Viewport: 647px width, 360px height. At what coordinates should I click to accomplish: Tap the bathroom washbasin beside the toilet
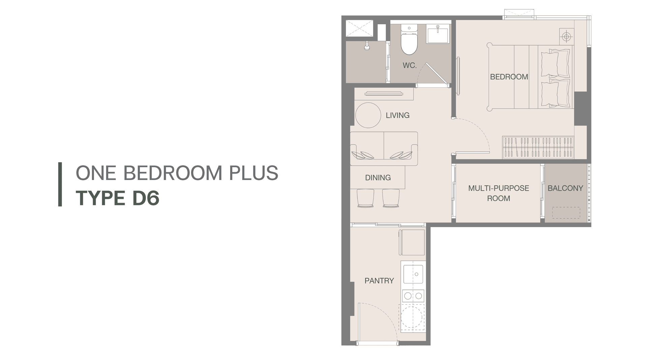[x=437, y=34]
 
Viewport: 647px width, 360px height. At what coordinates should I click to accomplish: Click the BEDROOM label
[x=509, y=77]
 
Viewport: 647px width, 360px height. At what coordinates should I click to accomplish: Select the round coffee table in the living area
[x=368, y=115]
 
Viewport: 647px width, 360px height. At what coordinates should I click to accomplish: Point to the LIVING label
[x=398, y=115]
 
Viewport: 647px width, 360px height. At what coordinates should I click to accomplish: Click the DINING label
[x=378, y=178]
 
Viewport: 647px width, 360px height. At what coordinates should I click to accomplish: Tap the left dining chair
[x=365, y=198]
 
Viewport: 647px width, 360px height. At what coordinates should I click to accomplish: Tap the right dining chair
[x=391, y=198]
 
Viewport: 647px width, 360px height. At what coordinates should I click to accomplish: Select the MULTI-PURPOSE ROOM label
[x=499, y=193]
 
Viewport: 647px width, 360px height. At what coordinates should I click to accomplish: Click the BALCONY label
[x=565, y=188]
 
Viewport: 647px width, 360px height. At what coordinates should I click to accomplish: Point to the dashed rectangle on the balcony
[x=566, y=213]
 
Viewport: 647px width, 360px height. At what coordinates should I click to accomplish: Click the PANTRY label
[x=379, y=281]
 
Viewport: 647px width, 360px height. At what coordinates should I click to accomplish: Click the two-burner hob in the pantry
[x=413, y=296]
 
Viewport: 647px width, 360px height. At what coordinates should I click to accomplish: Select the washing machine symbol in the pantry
[x=412, y=318]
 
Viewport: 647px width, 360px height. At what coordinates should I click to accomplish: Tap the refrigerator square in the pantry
[x=412, y=242]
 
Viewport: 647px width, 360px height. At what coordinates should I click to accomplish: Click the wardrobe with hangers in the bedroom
[x=538, y=147]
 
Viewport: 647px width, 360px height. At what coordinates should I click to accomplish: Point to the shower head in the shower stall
[x=367, y=46]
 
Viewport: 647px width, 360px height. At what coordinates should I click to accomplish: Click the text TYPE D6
[x=118, y=198]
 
